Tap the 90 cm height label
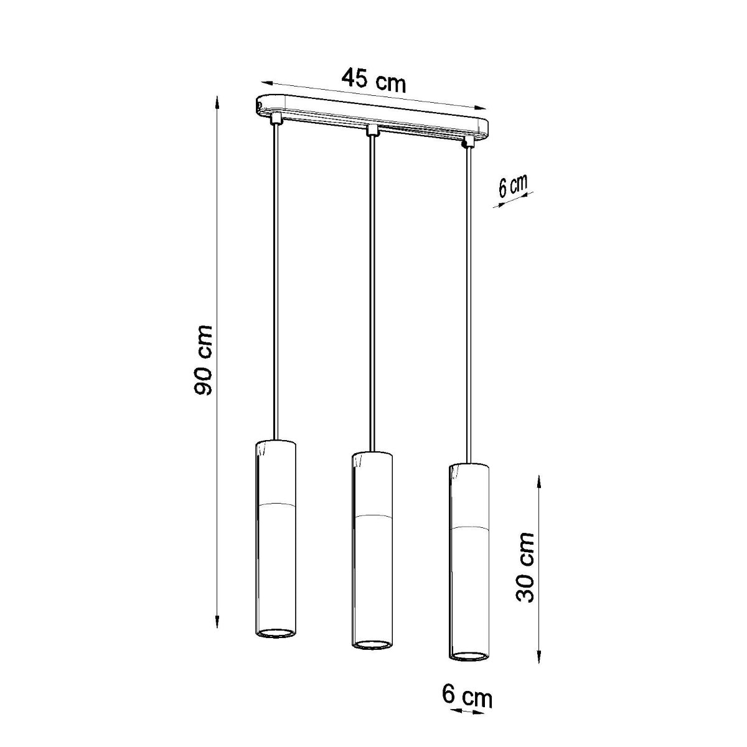[204, 360]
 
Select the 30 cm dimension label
[526, 566]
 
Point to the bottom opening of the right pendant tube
[469, 655]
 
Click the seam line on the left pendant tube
[276, 503]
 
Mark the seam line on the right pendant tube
[469, 527]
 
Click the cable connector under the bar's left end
[275, 117]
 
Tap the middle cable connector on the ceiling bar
[372, 130]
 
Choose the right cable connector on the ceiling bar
[467, 143]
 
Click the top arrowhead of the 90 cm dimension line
[217, 100]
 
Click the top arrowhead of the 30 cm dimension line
[538, 478]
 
